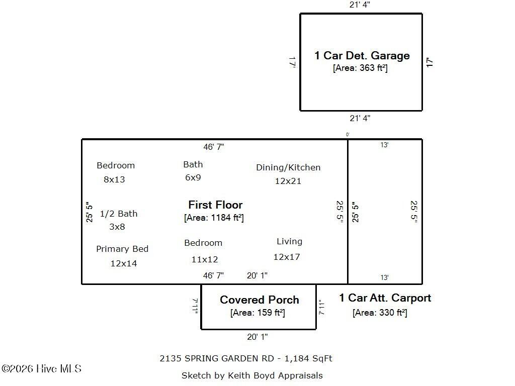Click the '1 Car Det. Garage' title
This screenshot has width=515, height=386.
(362, 56)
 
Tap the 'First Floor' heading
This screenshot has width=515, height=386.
(215, 205)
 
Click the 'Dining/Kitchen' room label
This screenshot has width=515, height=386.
(288, 167)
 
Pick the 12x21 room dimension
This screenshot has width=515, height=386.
(288, 181)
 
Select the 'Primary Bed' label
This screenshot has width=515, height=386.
(122, 249)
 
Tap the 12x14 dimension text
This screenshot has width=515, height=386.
(124, 263)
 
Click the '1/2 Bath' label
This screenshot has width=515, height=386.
(118, 214)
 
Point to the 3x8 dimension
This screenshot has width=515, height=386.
(117, 227)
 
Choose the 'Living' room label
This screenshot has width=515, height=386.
(289, 242)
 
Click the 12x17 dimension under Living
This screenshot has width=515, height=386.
(287, 257)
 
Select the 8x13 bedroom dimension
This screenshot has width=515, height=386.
(114, 179)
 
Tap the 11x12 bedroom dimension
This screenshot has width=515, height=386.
(205, 259)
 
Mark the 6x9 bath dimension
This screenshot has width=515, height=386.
(193, 177)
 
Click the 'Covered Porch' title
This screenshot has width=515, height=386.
(259, 300)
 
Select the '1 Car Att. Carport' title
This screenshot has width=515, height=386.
(385, 298)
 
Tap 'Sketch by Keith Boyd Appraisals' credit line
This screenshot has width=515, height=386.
(252, 375)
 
